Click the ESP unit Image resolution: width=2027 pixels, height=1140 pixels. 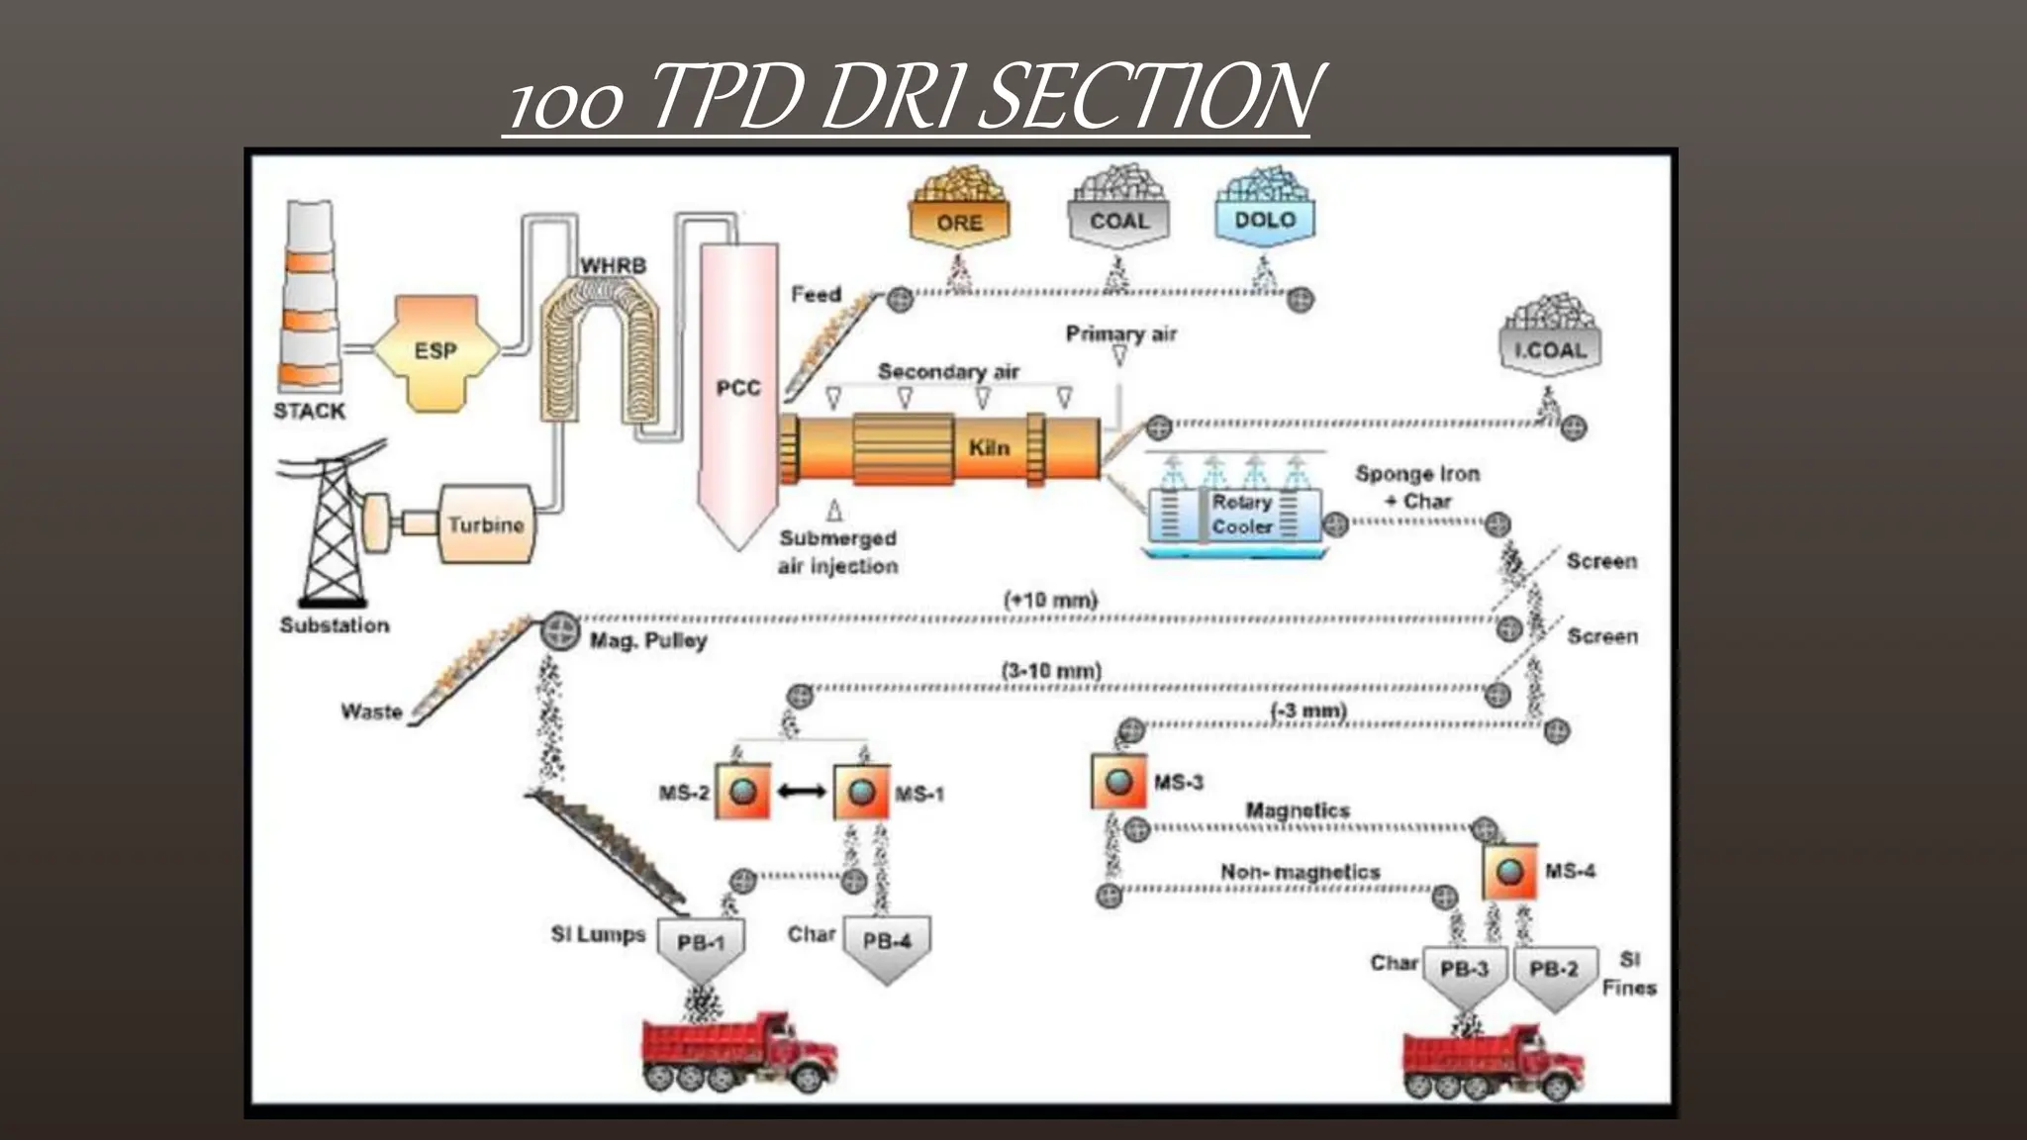435,351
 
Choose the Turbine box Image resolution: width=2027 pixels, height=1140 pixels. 485,524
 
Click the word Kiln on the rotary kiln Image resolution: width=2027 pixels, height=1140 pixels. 989,447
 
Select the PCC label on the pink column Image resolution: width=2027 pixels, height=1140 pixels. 738,388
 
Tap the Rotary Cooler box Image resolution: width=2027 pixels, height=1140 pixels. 1241,515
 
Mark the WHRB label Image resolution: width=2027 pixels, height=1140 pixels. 613,265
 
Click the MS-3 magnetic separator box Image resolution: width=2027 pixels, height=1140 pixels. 1118,782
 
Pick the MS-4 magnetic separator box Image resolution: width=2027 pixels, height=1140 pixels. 1509,872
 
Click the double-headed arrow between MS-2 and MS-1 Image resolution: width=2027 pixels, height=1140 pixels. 802,792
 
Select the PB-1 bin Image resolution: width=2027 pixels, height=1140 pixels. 701,945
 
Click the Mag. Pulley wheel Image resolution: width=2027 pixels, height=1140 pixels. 560,630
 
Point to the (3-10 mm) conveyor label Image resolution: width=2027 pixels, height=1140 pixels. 1050,671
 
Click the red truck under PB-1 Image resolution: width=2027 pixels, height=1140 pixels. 737,1054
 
